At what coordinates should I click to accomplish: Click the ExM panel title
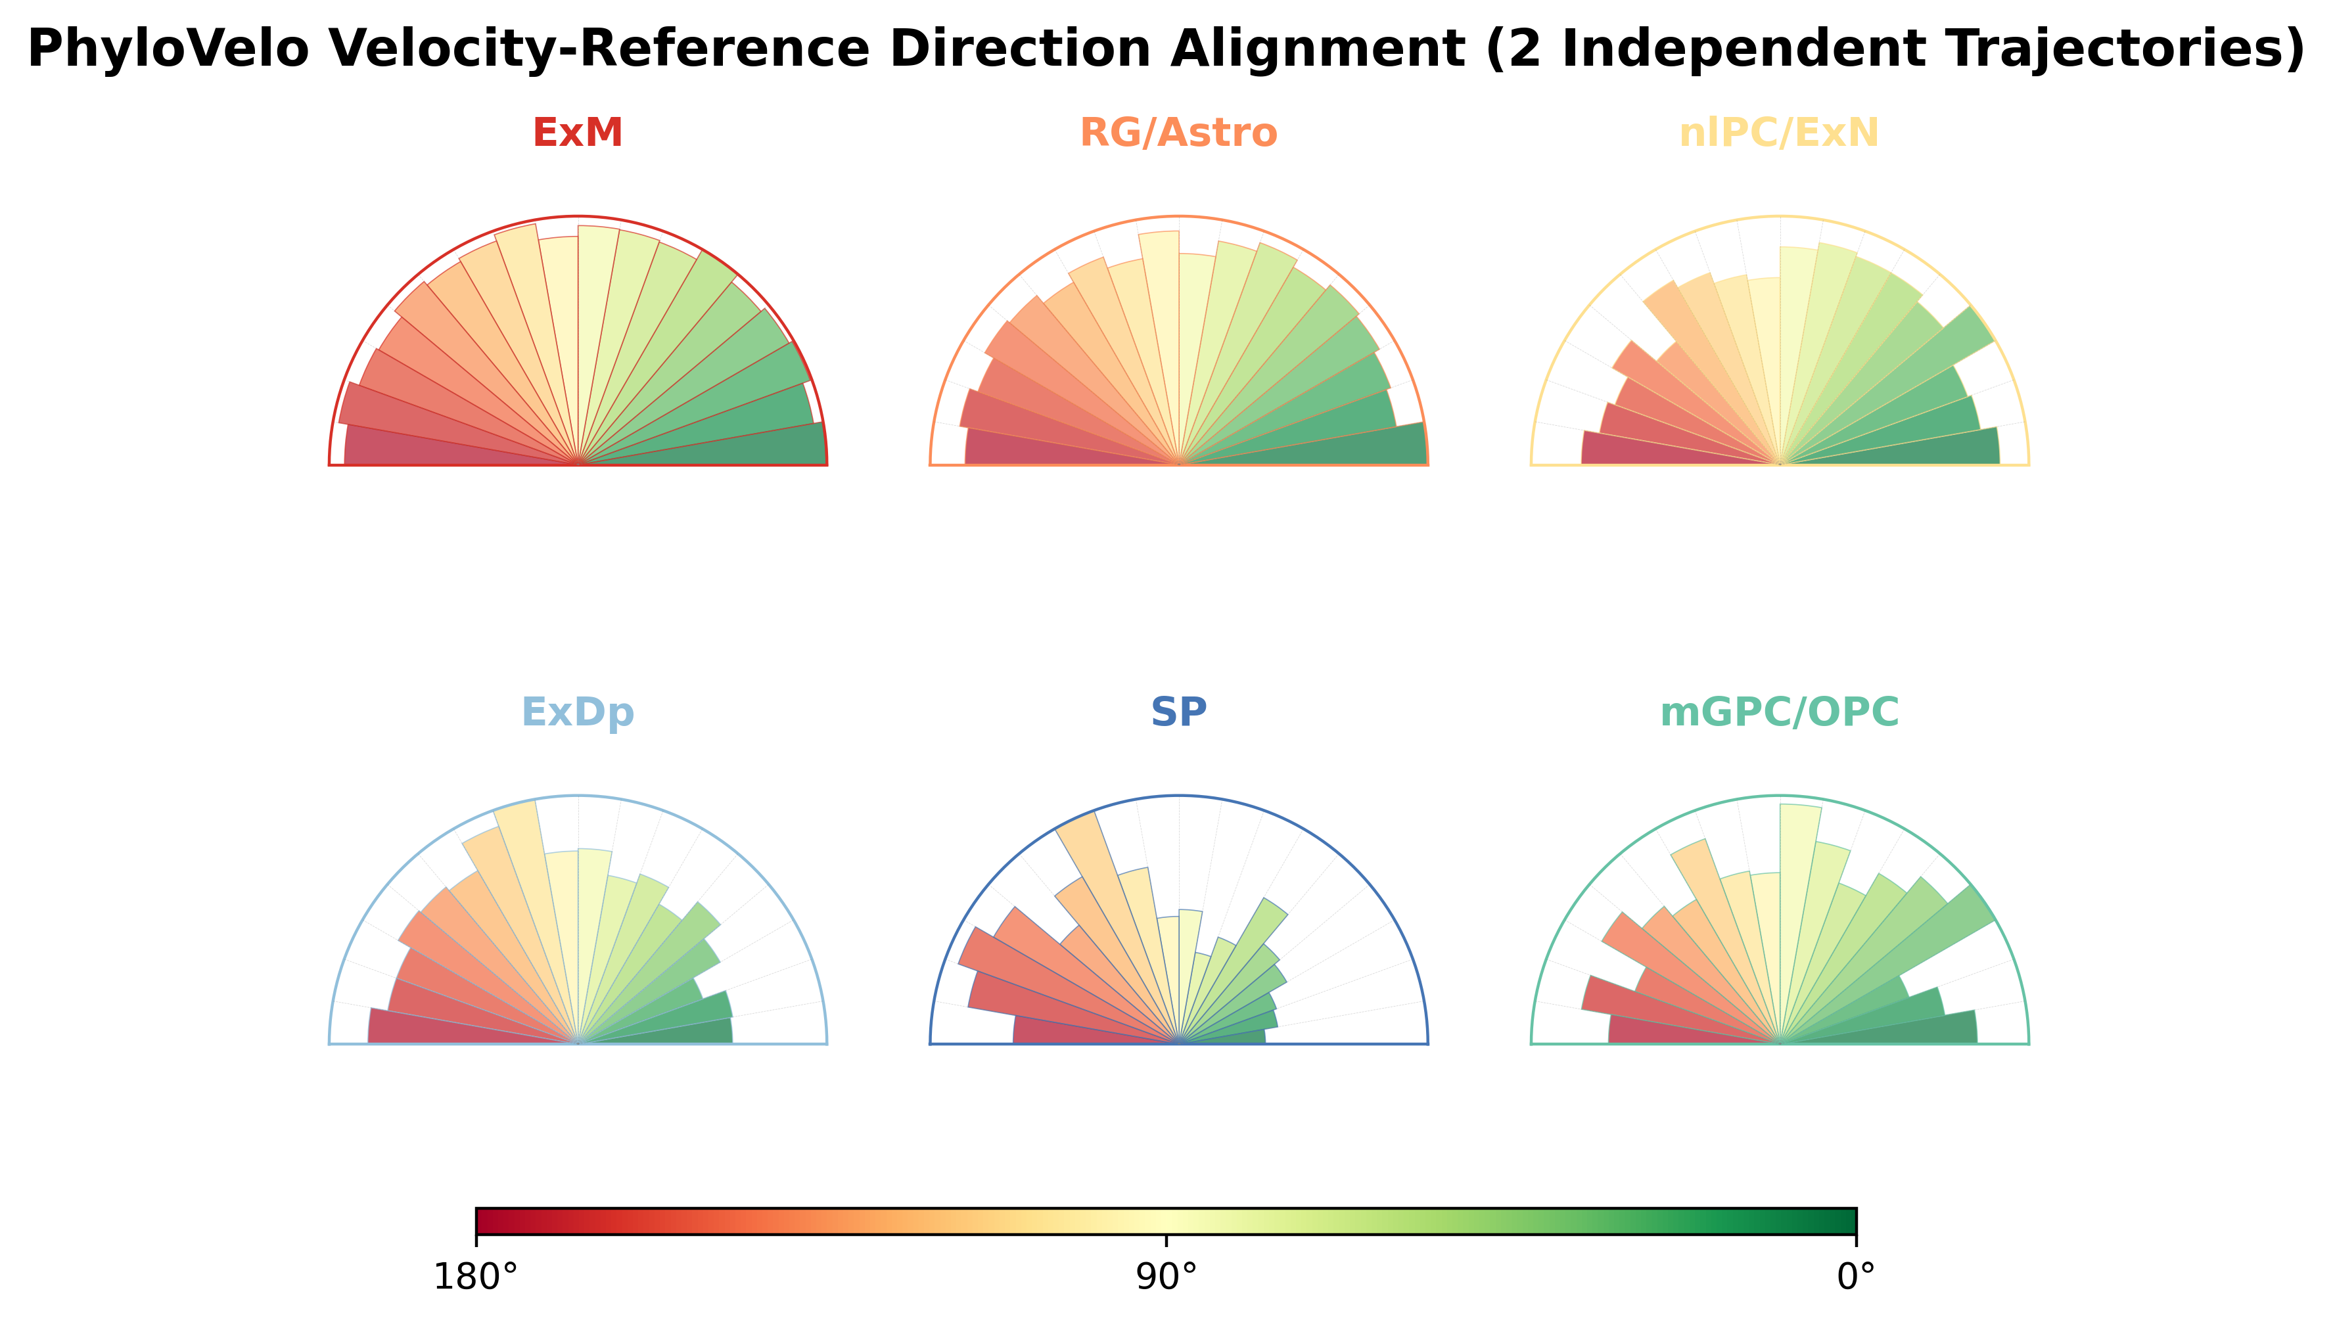578,133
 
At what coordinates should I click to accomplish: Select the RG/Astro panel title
1179,133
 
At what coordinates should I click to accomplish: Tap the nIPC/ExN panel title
1779,133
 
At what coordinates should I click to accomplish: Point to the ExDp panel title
578,713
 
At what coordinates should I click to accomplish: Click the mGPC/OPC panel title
1780,713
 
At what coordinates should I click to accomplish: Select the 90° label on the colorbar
1166,1277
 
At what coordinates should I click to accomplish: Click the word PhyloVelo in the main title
169,49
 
